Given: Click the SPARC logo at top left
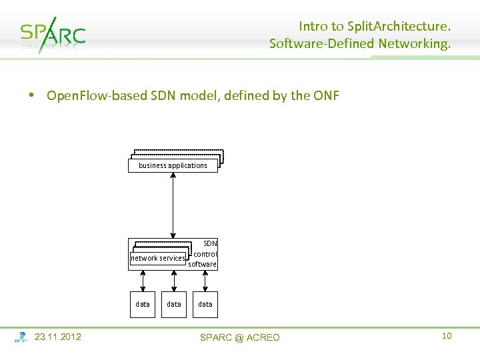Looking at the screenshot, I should (53, 34).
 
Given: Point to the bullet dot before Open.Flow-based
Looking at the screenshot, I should (31, 96).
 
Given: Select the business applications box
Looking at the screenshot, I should (173, 165).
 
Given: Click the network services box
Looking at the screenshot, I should (158, 258).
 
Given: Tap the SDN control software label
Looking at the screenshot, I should (203, 254).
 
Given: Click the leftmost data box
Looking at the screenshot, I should (143, 304).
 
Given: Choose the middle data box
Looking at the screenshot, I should (173, 304).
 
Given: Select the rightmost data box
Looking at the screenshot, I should (205, 304).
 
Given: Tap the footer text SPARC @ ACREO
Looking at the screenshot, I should (240, 338).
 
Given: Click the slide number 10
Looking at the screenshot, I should (447, 336).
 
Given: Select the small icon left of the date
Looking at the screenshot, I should (21, 337).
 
